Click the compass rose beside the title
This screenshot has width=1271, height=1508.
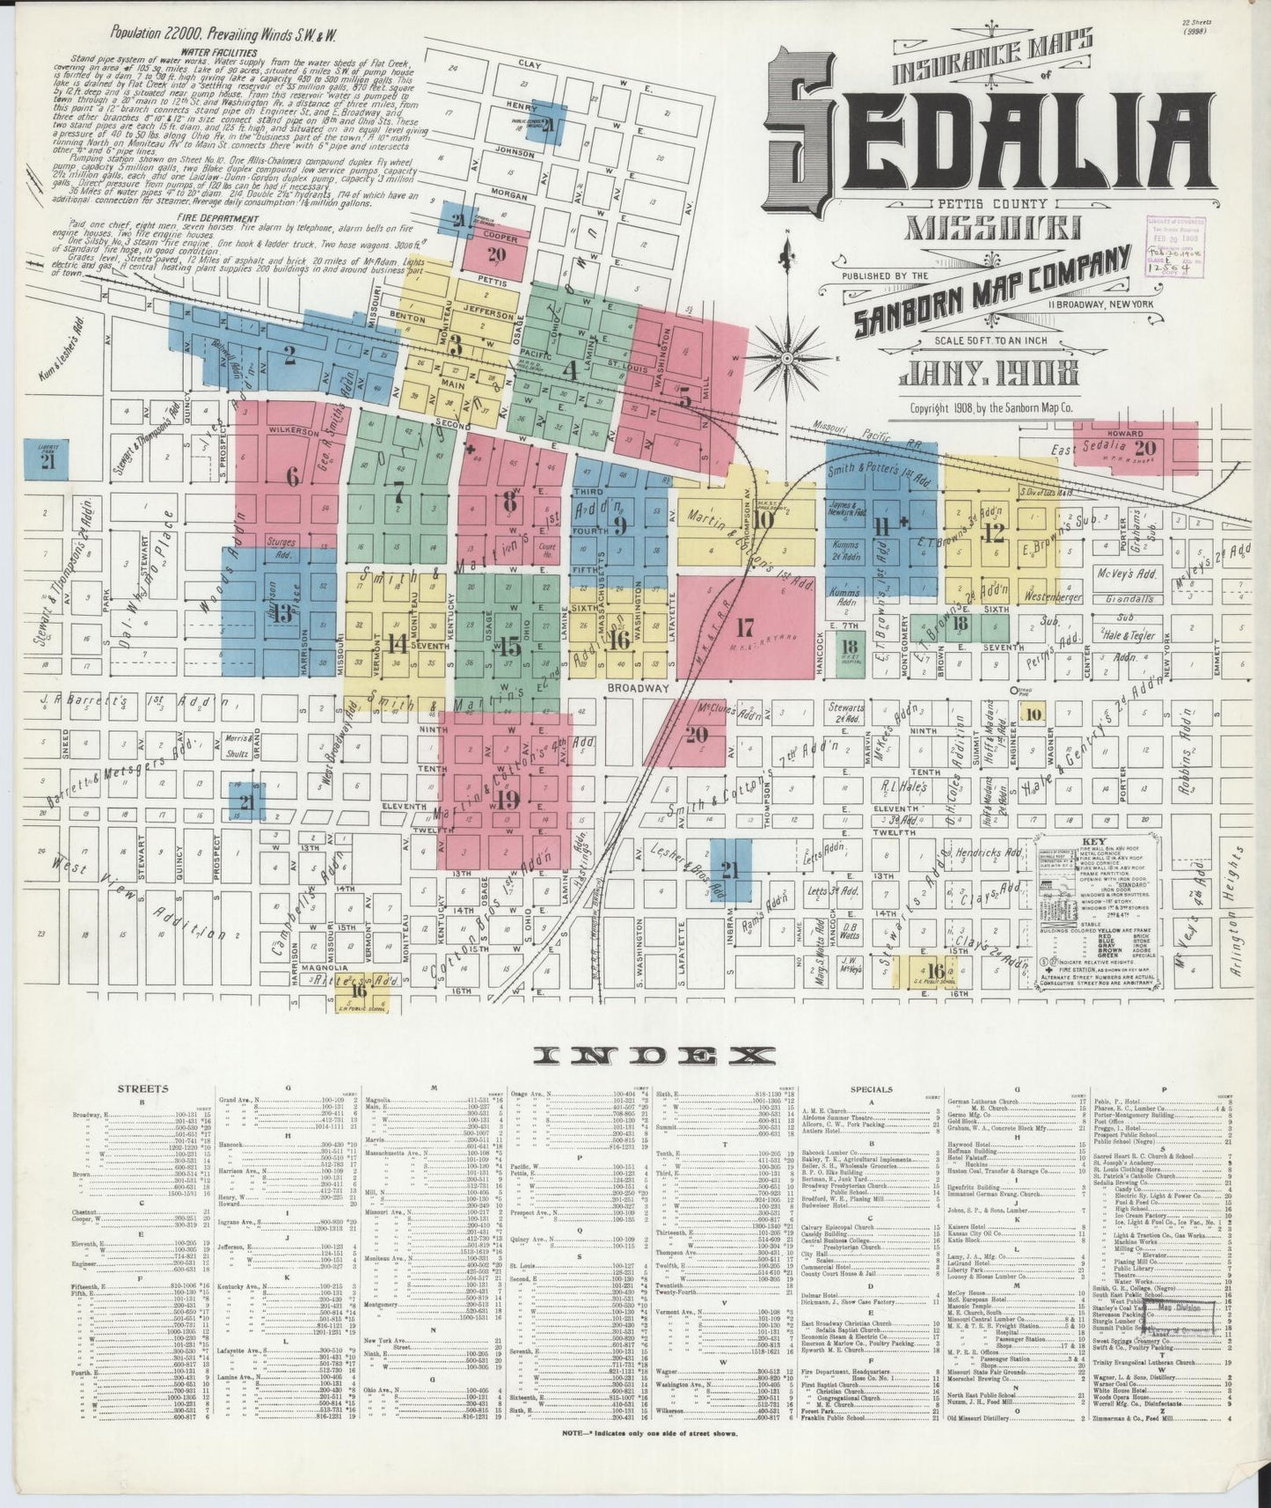point(786,358)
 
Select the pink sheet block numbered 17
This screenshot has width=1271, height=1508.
point(745,627)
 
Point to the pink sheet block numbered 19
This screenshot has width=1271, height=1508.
point(506,799)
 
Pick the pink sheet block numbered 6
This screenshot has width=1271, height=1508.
point(292,476)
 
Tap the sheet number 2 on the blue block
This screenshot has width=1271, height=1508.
point(289,355)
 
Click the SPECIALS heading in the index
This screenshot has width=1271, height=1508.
point(872,1088)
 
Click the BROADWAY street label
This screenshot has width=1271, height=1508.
point(639,688)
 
